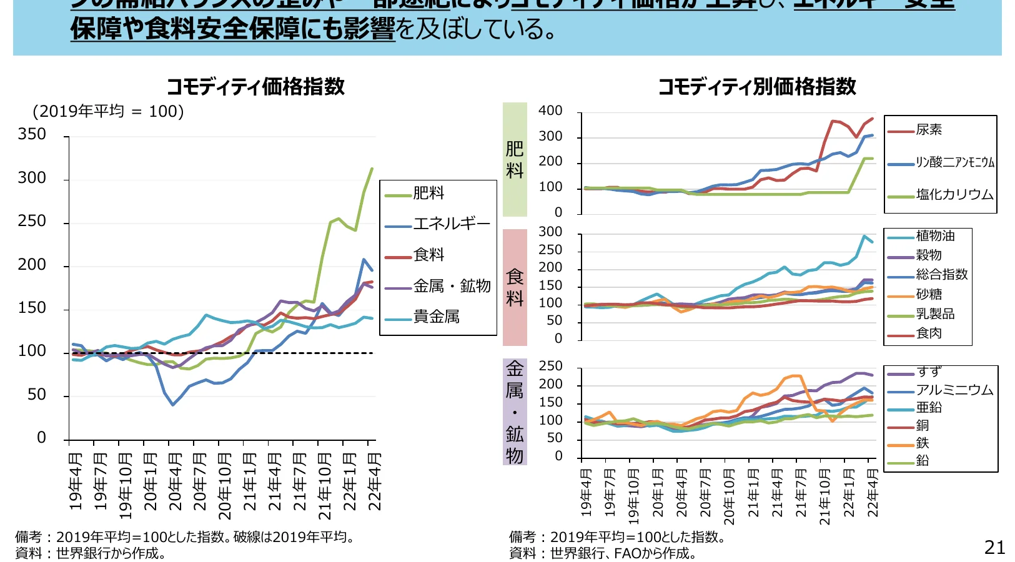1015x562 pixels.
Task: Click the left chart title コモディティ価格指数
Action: [255, 86]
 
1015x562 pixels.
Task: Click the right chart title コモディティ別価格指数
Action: [756, 86]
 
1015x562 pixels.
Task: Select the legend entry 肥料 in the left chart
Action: [428, 193]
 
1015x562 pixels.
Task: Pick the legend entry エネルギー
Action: [452, 224]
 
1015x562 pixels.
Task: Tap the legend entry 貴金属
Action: [436, 317]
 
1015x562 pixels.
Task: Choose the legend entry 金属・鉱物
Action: [452, 286]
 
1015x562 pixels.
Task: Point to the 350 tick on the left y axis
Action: [32, 134]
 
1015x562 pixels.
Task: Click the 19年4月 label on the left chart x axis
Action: [76, 482]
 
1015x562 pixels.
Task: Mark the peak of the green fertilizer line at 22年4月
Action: [372, 168]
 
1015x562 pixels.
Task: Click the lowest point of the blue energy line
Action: [173, 405]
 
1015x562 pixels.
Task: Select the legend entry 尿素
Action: [929, 130]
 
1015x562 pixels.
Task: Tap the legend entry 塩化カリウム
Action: [954, 195]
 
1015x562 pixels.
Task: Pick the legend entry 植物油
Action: [935, 236]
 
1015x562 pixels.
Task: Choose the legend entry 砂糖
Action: [929, 294]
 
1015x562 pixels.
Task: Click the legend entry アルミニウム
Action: [954, 390]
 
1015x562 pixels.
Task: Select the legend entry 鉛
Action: [923, 461]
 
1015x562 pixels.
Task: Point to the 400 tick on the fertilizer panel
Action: [550, 111]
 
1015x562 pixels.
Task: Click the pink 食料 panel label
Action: [515, 287]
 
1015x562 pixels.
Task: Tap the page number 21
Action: [994, 548]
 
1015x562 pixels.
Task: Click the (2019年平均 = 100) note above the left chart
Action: [108, 111]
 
